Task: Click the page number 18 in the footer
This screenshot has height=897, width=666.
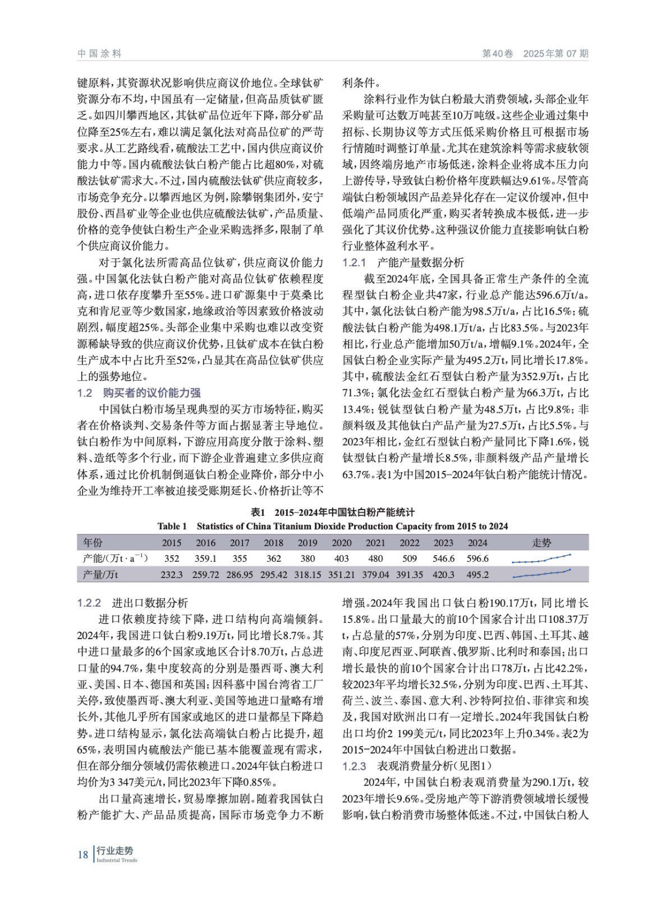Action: pyautogui.click(x=83, y=854)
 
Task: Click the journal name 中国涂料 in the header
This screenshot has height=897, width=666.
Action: pyautogui.click(x=99, y=54)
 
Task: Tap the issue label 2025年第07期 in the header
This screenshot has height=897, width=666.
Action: pyautogui.click(x=555, y=54)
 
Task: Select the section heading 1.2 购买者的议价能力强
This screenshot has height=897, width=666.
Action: pyautogui.click(x=139, y=393)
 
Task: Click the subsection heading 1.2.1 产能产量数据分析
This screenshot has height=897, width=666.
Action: pyautogui.click(x=403, y=262)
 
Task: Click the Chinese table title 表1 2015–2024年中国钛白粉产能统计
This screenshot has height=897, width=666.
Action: pyautogui.click(x=333, y=512)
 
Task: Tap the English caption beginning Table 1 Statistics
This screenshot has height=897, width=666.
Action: pyautogui.click(x=333, y=526)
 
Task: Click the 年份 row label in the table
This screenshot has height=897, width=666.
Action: pyautogui.click(x=93, y=543)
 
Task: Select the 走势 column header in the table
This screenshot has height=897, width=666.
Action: pyautogui.click(x=541, y=543)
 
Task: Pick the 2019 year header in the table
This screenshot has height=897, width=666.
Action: pyautogui.click(x=307, y=543)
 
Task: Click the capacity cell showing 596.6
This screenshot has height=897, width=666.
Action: pyautogui.click(x=477, y=558)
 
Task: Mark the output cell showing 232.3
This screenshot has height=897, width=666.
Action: pyautogui.click(x=172, y=575)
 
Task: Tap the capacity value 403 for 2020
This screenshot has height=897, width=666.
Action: pyautogui.click(x=341, y=558)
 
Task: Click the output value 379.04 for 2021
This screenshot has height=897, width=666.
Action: pyautogui.click(x=375, y=575)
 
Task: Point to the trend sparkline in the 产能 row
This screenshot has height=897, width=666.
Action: pyautogui.click(x=541, y=558)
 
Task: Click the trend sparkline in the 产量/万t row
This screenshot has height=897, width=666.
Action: pyautogui.click(x=541, y=574)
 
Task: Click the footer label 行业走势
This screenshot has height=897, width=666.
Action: pyautogui.click(x=115, y=851)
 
